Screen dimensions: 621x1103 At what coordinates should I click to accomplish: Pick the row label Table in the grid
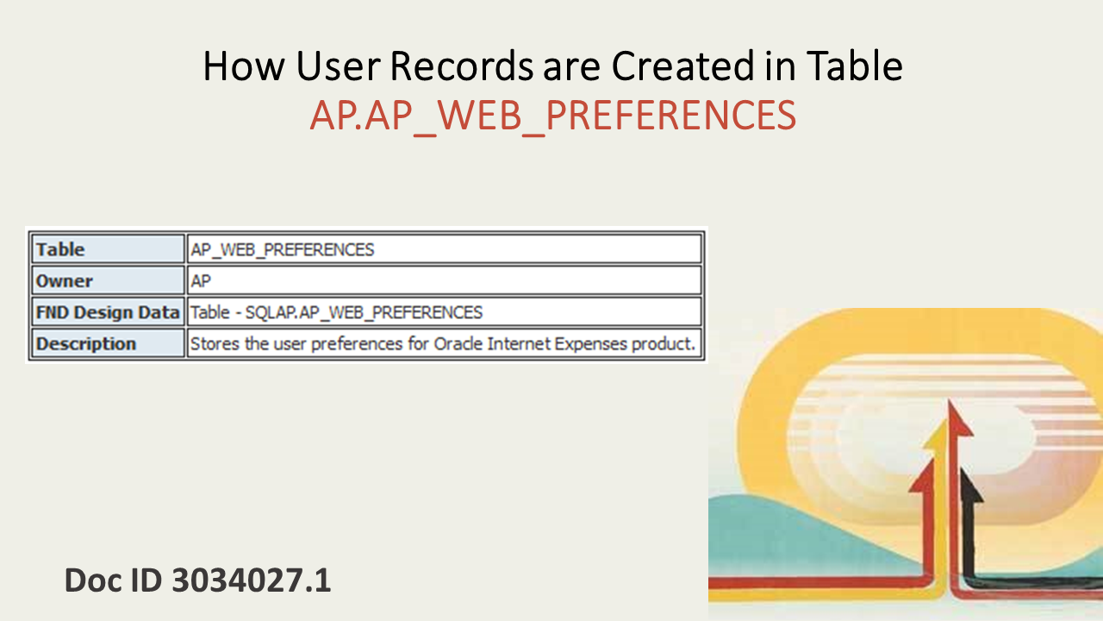click(x=60, y=249)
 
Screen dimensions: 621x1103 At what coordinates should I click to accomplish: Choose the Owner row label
click(x=65, y=281)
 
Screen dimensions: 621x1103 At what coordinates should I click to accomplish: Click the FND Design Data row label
click(x=107, y=312)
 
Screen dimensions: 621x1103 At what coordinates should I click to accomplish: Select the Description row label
click(x=86, y=343)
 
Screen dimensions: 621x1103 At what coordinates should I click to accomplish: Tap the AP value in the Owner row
click(x=201, y=281)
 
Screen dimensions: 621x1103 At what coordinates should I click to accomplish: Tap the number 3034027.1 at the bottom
click(x=252, y=580)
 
